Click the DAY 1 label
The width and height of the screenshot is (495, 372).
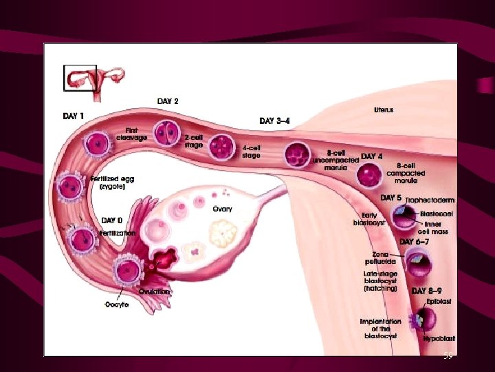click(x=74, y=116)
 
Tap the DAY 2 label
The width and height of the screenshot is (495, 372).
click(x=168, y=101)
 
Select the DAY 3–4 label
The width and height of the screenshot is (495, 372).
click(x=274, y=121)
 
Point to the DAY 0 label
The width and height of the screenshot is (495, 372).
click(x=112, y=220)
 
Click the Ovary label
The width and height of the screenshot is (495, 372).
click(x=222, y=209)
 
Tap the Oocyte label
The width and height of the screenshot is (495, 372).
click(x=117, y=304)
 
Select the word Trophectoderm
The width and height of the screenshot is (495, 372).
click(x=429, y=200)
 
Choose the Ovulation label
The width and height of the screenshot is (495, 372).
click(x=155, y=291)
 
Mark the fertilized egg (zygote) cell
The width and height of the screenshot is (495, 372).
click(x=70, y=186)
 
